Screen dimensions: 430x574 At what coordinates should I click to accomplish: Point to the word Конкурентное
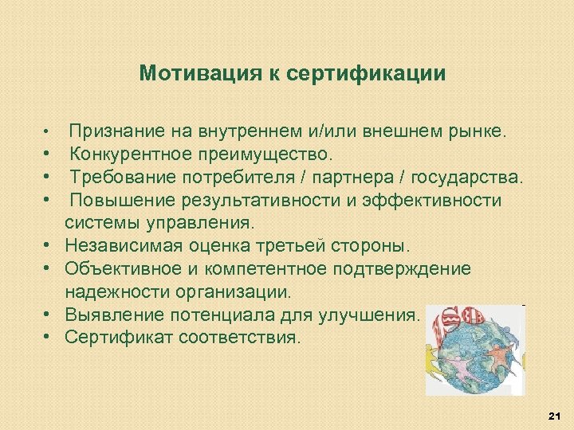tap(131, 153)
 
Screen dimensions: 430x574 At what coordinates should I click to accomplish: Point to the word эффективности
tap(431, 200)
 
